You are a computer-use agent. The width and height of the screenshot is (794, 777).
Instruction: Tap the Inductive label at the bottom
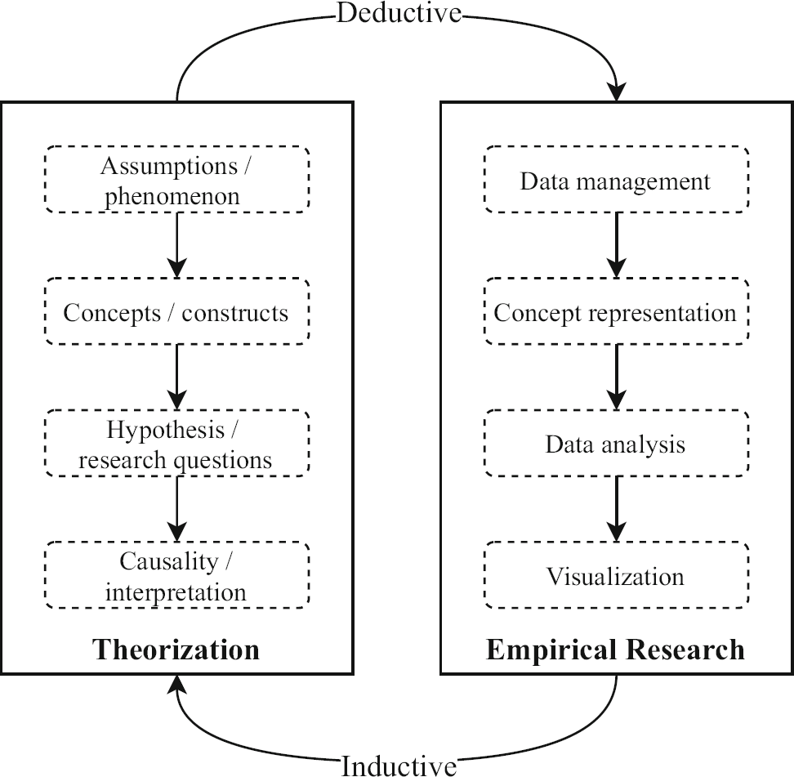pyautogui.click(x=399, y=765)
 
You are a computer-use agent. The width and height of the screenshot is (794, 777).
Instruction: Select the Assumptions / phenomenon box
pyautogui.click(x=176, y=180)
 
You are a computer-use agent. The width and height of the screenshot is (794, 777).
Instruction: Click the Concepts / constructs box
pyautogui.click(x=176, y=312)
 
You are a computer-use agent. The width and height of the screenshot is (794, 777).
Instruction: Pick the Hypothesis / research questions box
pyautogui.click(x=176, y=444)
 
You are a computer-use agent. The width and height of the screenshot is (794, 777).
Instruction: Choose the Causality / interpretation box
pyautogui.click(x=176, y=575)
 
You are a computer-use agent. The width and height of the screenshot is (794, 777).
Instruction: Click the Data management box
pyautogui.click(x=616, y=180)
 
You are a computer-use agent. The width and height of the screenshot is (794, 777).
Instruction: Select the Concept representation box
pyautogui.click(x=616, y=312)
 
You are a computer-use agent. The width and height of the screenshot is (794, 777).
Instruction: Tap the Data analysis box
pyautogui.click(x=616, y=444)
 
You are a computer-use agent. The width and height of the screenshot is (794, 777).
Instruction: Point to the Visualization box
pyautogui.click(x=616, y=575)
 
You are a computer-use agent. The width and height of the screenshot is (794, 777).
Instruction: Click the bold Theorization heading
pyautogui.click(x=176, y=649)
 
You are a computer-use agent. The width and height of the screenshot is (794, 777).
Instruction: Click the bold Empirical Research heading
pyautogui.click(x=616, y=649)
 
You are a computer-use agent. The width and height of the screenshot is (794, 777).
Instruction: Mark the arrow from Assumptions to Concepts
pyautogui.click(x=176, y=245)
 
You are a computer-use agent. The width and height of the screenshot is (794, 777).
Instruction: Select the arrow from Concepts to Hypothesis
pyautogui.click(x=176, y=377)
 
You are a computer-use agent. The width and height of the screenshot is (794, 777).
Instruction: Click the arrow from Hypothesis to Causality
pyautogui.click(x=176, y=509)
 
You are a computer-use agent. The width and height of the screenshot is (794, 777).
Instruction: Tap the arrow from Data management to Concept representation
pyautogui.click(x=616, y=245)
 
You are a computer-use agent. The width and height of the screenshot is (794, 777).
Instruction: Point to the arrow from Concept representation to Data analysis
pyautogui.click(x=616, y=377)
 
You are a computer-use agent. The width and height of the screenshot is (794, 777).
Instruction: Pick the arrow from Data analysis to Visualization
pyautogui.click(x=616, y=509)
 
